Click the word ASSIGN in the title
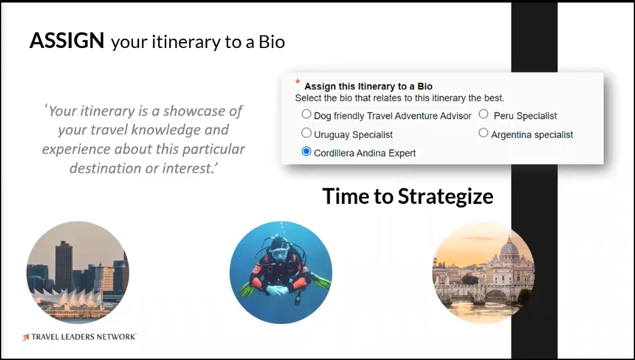point(67,41)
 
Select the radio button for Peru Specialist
point(483,115)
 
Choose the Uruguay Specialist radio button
point(306,133)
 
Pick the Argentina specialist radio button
point(483,133)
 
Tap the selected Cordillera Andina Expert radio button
point(306,152)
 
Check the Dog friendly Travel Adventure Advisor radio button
point(306,115)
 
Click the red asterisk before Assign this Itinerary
point(297,82)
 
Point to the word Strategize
point(446,197)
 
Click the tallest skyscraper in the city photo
point(64,266)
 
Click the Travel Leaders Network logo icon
point(26,337)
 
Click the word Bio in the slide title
point(272,42)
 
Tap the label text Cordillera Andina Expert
point(365,153)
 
